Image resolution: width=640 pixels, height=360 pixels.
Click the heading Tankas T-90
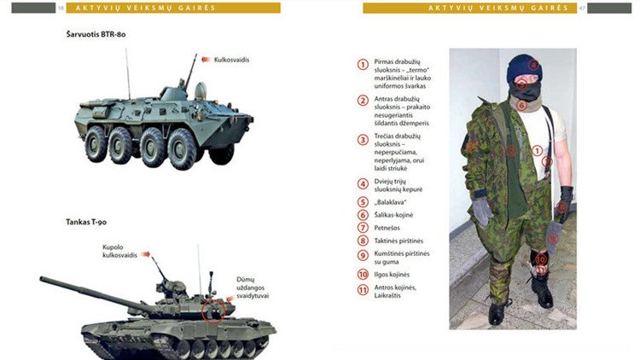tap(89, 222)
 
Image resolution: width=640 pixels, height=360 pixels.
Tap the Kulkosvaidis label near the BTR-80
tap(232, 61)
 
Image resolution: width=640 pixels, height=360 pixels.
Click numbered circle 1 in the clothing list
tap(363, 64)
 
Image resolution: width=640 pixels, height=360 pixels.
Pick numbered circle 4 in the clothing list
tap(363, 183)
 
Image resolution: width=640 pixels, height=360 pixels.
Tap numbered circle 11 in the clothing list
tap(363, 289)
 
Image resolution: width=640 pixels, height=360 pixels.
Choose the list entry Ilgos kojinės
tap(393, 274)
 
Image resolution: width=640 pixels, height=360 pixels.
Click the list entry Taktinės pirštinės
tap(399, 241)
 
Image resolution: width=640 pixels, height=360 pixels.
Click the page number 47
tap(581, 9)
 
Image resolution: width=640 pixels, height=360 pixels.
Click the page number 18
tap(61, 9)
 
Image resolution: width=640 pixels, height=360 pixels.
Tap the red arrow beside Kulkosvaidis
tap(206, 61)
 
